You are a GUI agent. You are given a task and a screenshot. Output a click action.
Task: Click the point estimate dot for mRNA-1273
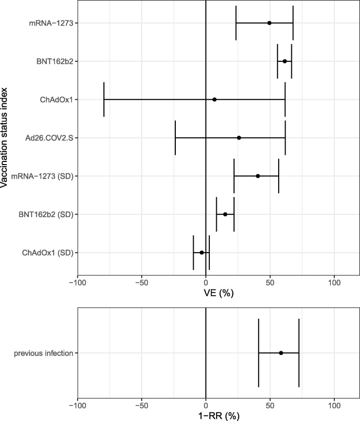coord(269,23)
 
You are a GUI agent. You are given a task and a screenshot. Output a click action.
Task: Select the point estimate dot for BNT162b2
coord(284,61)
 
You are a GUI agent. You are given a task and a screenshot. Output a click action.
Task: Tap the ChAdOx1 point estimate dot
coord(214,100)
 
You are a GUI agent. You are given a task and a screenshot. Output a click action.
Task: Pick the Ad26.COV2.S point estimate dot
coord(239,138)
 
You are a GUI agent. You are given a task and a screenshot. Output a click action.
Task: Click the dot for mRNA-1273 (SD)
coord(258,176)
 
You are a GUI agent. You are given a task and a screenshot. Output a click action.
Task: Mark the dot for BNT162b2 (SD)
coord(225,214)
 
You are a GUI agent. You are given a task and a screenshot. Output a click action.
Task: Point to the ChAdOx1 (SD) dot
coord(202,253)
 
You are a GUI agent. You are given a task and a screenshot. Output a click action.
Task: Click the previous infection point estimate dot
coord(281,353)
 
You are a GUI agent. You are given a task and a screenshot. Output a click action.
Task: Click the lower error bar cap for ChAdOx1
coord(104,100)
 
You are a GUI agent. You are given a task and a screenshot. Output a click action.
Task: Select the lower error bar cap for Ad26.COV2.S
coord(175,138)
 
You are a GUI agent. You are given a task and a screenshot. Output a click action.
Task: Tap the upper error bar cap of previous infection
coord(299,353)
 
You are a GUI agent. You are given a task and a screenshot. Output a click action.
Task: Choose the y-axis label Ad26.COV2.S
coord(49,138)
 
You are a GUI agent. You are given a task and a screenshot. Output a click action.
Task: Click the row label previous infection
coord(44,353)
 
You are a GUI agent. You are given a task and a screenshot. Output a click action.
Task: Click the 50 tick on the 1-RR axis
coord(270,405)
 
